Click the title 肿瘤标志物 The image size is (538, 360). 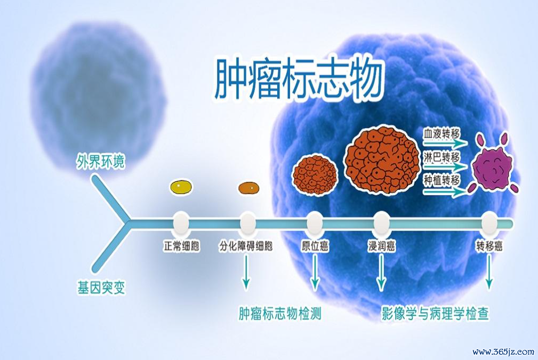pyautogui.click(x=298, y=79)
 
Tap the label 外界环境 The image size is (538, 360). pyautogui.click(x=100, y=161)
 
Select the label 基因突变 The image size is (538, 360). pyautogui.click(x=101, y=287)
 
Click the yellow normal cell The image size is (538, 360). pyautogui.click(x=181, y=187)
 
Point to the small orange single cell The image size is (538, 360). pyautogui.click(x=248, y=188)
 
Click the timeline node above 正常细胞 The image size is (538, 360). pyautogui.click(x=181, y=223)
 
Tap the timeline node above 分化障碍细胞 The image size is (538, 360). pyautogui.click(x=247, y=223)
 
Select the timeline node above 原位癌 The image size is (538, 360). pyautogui.click(x=315, y=223)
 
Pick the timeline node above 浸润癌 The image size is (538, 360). pyautogui.click(x=381, y=223)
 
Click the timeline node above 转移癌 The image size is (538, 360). pyautogui.click(x=489, y=223)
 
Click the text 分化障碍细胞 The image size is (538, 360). pyautogui.click(x=246, y=246)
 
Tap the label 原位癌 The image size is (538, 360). pyautogui.click(x=315, y=246)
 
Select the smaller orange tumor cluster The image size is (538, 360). pyautogui.click(x=315, y=175)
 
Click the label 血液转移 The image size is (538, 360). pyautogui.click(x=441, y=134)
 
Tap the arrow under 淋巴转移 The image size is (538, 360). pyautogui.click(x=445, y=167)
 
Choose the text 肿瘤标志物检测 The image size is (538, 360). pyautogui.click(x=280, y=313)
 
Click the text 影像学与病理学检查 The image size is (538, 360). pyautogui.click(x=436, y=313)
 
